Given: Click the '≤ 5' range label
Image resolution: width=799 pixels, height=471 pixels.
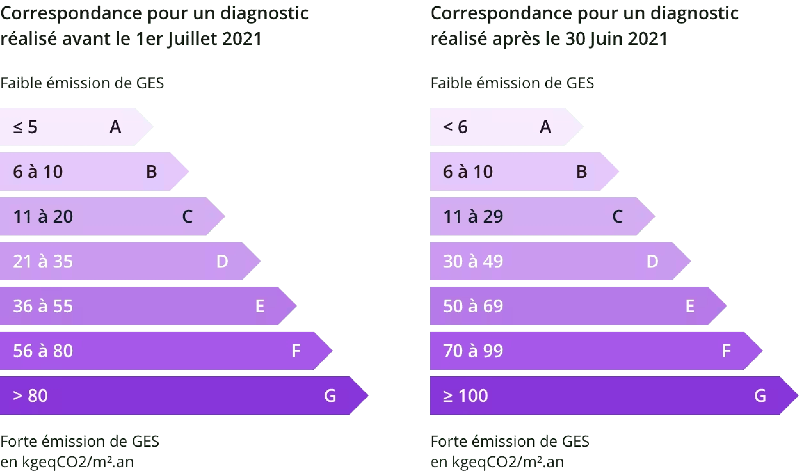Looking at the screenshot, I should pyautogui.click(x=25, y=127).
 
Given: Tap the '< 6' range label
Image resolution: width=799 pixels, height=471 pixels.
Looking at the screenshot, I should pyautogui.click(x=455, y=127).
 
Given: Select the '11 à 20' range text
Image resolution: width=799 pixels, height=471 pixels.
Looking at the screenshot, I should pyautogui.click(x=43, y=216).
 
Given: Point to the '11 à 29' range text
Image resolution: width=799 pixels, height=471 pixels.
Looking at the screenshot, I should pyautogui.click(x=473, y=216).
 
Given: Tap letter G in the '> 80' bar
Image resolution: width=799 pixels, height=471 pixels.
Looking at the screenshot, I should pyautogui.click(x=330, y=396).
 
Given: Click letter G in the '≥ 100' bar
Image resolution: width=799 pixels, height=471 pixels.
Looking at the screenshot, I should pyautogui.click(x=760, y=396).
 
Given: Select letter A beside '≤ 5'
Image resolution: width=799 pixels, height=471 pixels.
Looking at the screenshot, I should pyautogui.click(x=115, y=127).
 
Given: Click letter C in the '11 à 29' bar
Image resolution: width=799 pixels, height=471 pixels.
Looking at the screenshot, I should pyautogui.click(x=617, y=216).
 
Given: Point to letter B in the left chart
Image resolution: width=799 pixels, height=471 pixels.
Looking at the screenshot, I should pyautogui.click(x=151, y=172).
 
